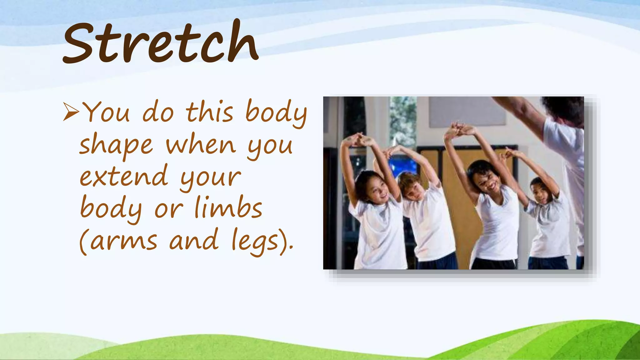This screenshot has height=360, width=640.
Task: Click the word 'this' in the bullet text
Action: pyautogui.click(x=210, y=112)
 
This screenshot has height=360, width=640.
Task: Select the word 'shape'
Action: pyautogui.click(x=116, y=146)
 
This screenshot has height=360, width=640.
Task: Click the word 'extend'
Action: pyautogui.click(x=124, y=176)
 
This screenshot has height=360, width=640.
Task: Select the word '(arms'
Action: pyautogui.click(x=118, y=241)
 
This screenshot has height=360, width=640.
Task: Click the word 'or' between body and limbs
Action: pyautogui.click(x=169, y=209)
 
